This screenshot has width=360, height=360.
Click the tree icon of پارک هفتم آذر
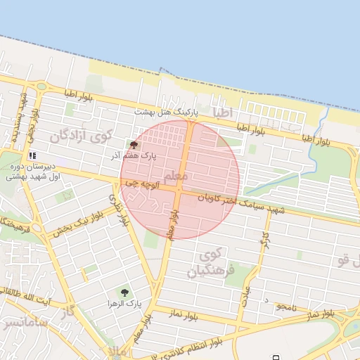pyautogui.click(x=134, y=145)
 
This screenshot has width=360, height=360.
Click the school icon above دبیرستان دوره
pyautogui.click(x=32, y=155)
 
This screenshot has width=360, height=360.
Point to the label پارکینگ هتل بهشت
pyautogui.click(x=167, y=112)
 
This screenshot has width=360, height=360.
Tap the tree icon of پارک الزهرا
pyautogui.click(x=124, y=292)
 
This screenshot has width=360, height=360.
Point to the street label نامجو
pyautogui.click(x=286, y=306)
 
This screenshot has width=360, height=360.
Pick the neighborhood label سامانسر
pyautogui.click(x=25, y=326)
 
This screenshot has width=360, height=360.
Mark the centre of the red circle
pyautogui.click(x=180, y=179)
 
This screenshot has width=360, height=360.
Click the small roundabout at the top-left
pyautogui.click(x=41, y=86)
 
